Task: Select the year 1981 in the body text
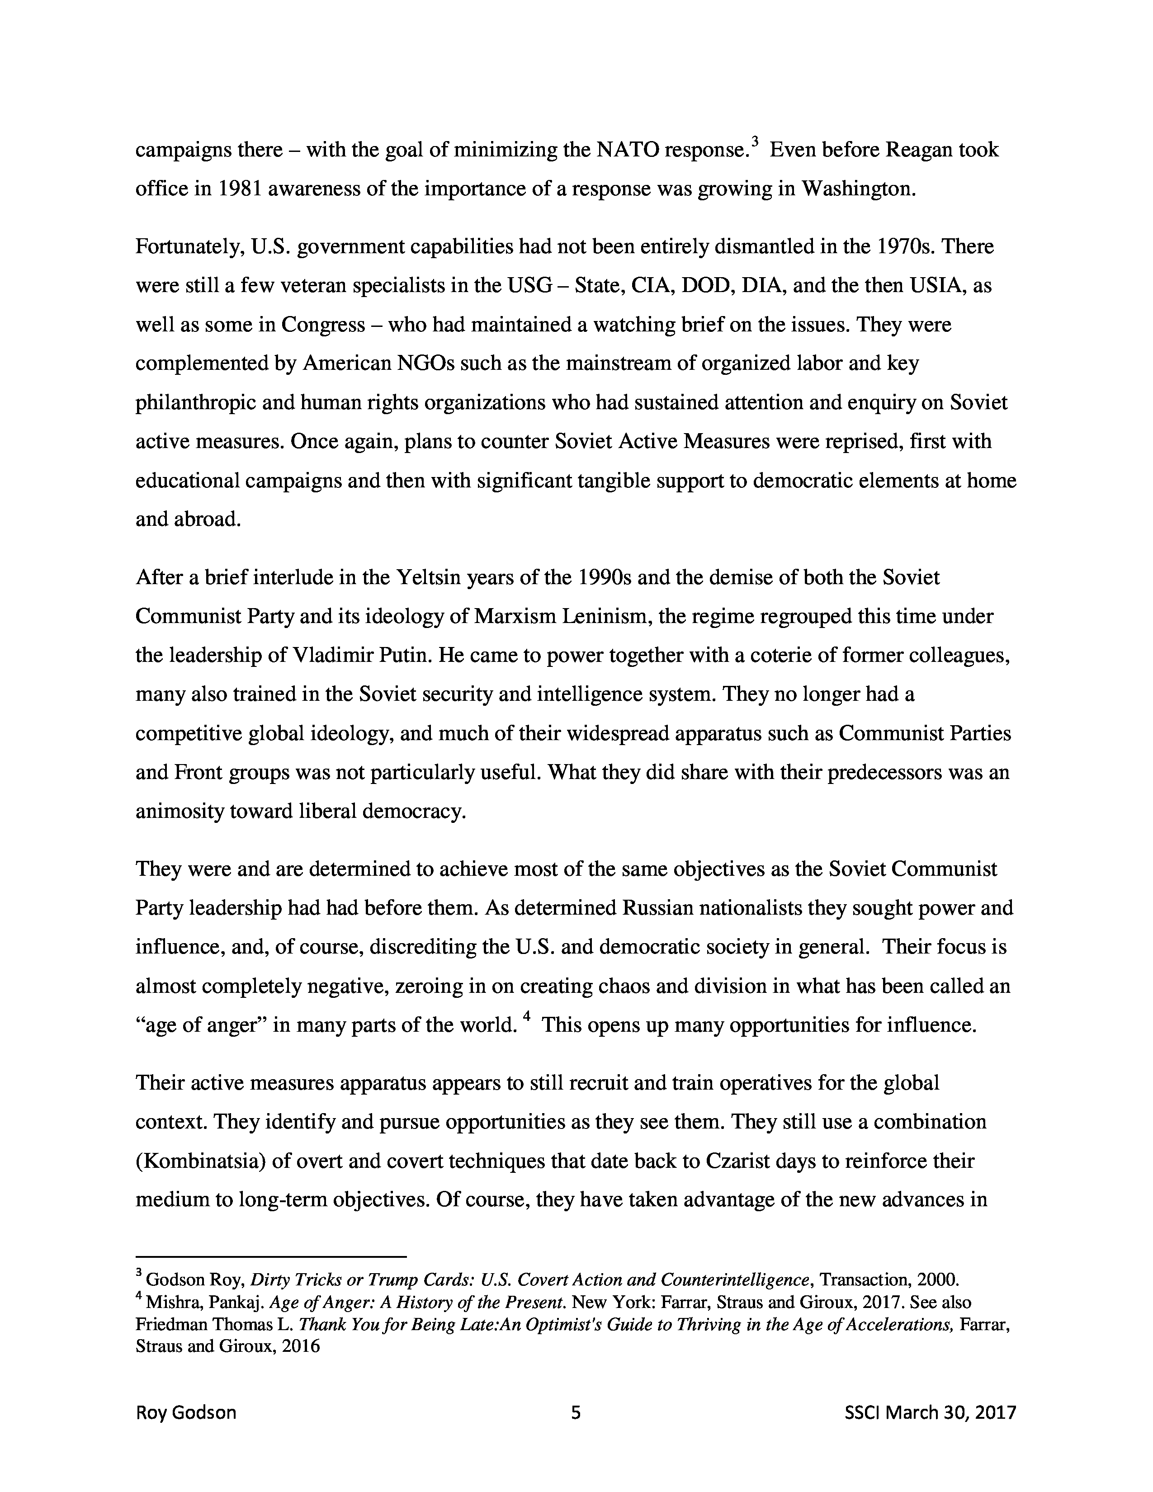pos(238,189)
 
